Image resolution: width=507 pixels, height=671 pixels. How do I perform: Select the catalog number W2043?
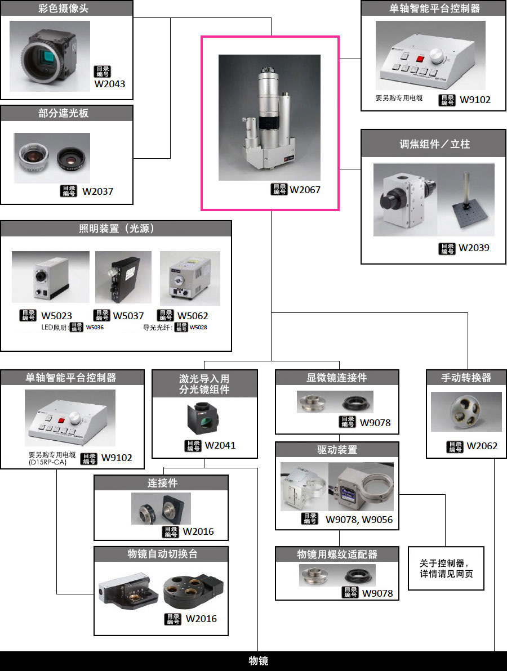pyautogui.click(x=110, y=84)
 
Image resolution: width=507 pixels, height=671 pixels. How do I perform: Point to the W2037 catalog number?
pyautogui.click(x=97, y=191)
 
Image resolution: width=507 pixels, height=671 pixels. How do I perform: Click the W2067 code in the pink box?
pyautogui.click(x=305, y=190)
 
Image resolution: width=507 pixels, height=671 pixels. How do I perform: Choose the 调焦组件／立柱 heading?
pyautogui.click(x=434, y=144)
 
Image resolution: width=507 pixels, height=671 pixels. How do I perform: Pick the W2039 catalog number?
pyautogui.click(x=474, y=248)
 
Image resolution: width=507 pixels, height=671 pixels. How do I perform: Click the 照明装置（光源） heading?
pyautogui.click(x=117, y=228)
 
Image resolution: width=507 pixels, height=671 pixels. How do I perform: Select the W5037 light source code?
pyautogui.click(x=128, y=316)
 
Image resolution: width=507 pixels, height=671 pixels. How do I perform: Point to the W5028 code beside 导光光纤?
pyautogui.click(x=198, y=327)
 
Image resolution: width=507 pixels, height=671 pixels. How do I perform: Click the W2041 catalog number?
pyautogui.click(x=220, y=445)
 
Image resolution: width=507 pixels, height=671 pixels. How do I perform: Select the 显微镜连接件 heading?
pyautogui.click(x=337, y=378)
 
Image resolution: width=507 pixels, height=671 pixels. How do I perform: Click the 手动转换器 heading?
pyautogui.click(x=466, y=378)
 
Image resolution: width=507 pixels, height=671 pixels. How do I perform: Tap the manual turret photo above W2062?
pyautogui.click(x=466, y=412)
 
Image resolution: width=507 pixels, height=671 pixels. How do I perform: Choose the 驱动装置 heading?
pyautogui.click(x=337, y=450)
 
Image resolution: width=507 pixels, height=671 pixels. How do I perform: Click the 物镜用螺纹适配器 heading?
pyautogui.click(x=337, y=554)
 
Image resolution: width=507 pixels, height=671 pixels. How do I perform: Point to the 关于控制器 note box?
pyautogui.click(x=446, y=568)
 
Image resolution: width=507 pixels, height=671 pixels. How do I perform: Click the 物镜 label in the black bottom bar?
pyautogui.click(x=259, y=661)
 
